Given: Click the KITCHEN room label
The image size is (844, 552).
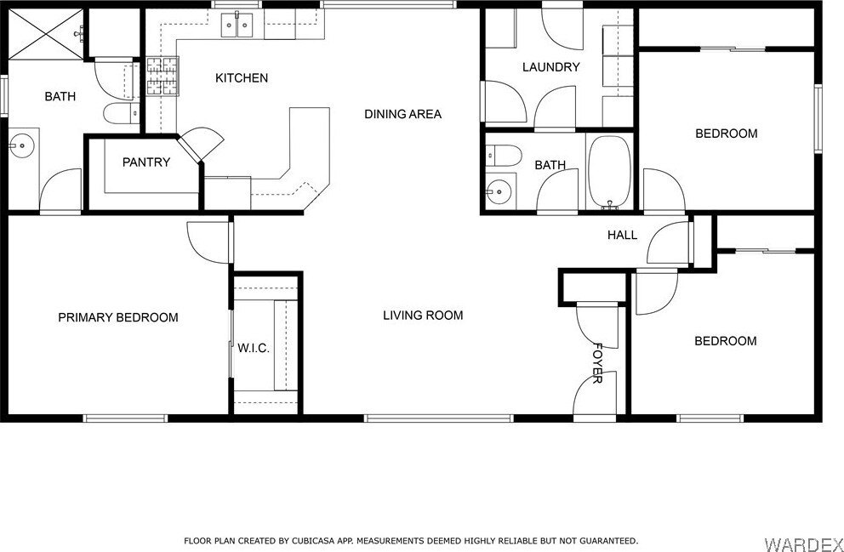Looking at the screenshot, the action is [x=242, y=78].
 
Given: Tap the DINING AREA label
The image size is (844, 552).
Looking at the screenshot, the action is [x=402, y=114].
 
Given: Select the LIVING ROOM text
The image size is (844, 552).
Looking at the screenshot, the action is [x=423, y=316].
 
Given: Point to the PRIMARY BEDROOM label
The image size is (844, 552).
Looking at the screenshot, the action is [x=118, y=317].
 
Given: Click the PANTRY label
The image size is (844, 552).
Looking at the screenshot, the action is [x=146, y=162].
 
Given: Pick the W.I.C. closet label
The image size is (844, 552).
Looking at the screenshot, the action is [x=254, y=349].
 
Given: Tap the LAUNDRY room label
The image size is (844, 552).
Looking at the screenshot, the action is [x=551, y=67].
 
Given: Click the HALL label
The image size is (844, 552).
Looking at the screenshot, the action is [x=622, y=235].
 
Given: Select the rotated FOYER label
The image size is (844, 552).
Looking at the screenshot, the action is [x=597, y=362].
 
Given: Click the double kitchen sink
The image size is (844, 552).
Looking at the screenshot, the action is [x=237, y=26].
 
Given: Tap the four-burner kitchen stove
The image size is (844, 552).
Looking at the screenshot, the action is [x=162, y=76].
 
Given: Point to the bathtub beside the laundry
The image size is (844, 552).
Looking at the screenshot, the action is [x=610, y=172].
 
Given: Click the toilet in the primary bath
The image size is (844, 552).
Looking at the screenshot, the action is [x=121, y=113].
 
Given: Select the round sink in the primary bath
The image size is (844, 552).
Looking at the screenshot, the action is [x=21, y=145].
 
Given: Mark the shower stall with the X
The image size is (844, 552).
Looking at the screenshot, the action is [x=46, y=34].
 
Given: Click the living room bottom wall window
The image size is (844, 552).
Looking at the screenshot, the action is [x=439, y=418].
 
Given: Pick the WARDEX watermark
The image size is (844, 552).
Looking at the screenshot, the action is [x=803, y=542].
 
